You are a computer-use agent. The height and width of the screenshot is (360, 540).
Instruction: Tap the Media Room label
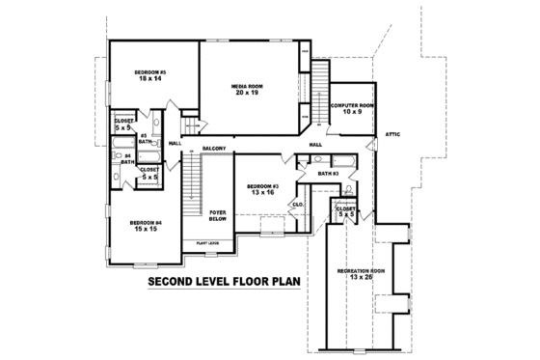[247, 87]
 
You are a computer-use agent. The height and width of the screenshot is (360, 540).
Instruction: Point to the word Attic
[391, 133]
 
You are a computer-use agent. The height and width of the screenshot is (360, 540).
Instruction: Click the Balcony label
[214, 148]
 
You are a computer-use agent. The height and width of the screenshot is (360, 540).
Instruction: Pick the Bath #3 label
[328, 174]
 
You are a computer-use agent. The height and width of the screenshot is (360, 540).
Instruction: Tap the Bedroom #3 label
[261, 185]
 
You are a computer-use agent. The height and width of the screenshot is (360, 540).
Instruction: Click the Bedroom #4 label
[147, 223]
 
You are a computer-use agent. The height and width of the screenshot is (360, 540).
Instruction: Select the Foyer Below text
[218, 215]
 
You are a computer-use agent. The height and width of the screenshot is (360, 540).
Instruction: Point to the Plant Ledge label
[208, 242]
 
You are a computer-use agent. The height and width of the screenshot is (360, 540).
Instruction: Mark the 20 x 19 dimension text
[247, 94]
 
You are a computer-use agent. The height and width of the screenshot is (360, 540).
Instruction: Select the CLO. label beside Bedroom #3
[298, 205]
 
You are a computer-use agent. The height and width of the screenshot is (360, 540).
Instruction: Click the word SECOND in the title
[176, 284]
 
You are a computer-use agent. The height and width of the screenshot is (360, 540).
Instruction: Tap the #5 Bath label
[144, 139]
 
